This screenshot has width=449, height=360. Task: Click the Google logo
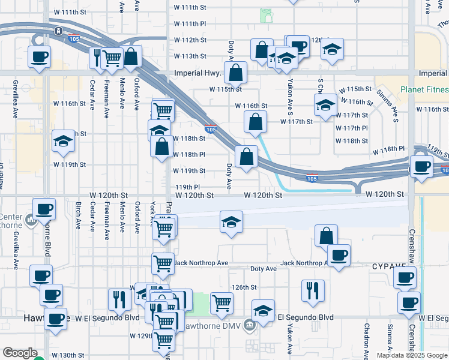tap(20, 353)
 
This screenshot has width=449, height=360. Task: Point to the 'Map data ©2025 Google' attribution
tap(412, 355)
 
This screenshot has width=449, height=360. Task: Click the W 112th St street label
tap(190, 40)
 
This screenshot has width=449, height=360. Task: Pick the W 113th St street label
tap(190, 56)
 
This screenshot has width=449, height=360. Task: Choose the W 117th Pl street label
tap(352, 128)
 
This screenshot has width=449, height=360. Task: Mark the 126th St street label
tap(245, 287)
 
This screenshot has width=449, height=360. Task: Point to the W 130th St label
tap(68, 355)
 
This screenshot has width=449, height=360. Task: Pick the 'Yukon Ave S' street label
tap(291, 88)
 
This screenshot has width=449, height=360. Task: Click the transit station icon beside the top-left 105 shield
tap(58, 31)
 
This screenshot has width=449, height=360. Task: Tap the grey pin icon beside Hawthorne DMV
tap(250, 325)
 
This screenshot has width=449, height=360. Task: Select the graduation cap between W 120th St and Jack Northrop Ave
tap(231, 222)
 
